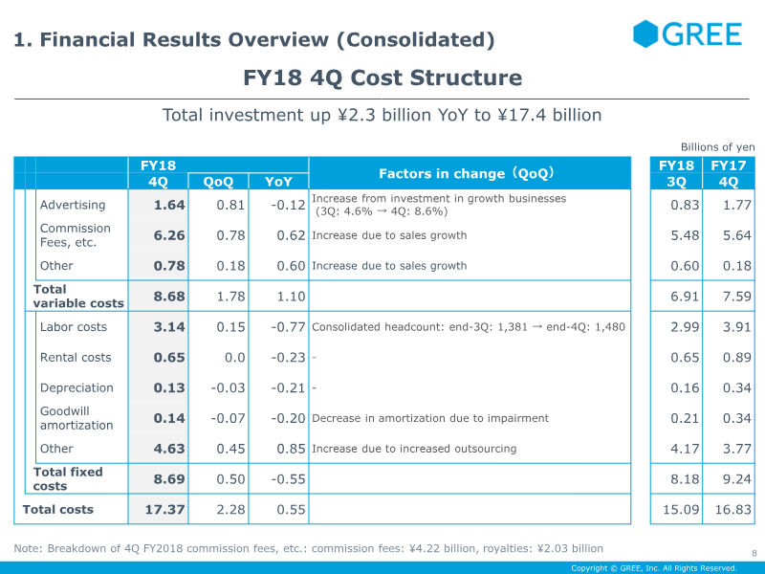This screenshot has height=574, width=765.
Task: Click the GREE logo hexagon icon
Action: (646, 34)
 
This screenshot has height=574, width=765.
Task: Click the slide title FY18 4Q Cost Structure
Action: (382, 78)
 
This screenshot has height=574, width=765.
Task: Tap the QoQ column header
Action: (218, 182)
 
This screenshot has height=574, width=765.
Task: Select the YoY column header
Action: (278, 182)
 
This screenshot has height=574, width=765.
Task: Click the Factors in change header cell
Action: (468, 174)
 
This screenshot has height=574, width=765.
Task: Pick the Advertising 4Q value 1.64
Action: (169, 205)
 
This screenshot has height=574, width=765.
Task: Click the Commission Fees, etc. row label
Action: (75, 235)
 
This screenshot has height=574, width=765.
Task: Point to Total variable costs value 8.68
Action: (169, 297)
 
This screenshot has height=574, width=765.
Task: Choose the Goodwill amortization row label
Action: (76, 418)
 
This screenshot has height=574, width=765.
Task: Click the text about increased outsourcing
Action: (414, 449)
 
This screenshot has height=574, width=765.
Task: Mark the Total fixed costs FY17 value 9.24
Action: (732, 479)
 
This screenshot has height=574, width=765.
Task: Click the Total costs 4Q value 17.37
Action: (164, 510)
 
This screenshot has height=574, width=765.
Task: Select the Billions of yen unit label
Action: (717, 147)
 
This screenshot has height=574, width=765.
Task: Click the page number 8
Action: (754, 552)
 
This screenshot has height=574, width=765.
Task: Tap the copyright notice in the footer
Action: (654, 568)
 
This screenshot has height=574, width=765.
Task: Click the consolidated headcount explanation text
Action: (468, 327)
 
